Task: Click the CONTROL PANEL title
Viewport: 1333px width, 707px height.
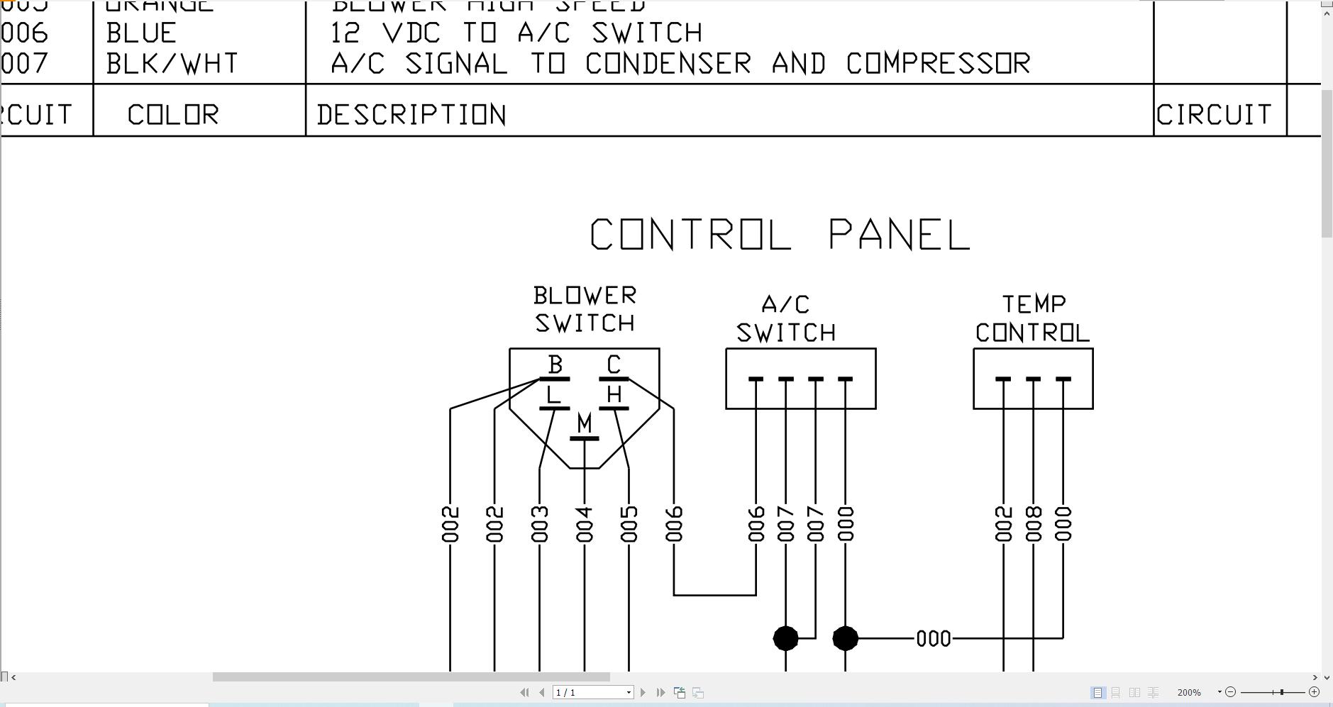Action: [780, 235]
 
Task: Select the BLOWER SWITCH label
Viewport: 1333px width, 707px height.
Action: [585, 309]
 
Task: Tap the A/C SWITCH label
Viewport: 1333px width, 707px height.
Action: [786, 318]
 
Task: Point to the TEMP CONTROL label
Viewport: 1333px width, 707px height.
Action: [1033, 318]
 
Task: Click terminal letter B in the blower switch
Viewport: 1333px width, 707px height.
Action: [555, 365]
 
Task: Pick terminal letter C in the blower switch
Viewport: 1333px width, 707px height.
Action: [614, 365]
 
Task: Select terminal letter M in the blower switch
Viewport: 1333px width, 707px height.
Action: [584, 423]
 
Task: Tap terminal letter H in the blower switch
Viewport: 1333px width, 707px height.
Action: [614, 394]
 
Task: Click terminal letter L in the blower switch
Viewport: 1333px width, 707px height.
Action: [553, 394]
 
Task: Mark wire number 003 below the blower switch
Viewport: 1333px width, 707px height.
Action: [540, 524]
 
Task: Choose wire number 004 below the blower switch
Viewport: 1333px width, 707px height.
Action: [585, 524]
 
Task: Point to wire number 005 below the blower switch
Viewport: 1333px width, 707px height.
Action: [629, 524]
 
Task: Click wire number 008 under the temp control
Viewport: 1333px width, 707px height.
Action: [1034, 524]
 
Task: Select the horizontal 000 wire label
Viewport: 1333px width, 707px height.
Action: [934, 639]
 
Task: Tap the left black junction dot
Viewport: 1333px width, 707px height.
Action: [785, 638]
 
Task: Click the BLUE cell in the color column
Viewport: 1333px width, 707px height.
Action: [141, 33]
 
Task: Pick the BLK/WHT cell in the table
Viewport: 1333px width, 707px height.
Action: [172, 64]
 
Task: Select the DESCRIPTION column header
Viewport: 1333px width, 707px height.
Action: [411, 115]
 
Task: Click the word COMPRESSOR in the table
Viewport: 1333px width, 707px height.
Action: [938, 64]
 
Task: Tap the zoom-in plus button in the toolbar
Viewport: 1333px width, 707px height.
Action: [1314, 692]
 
